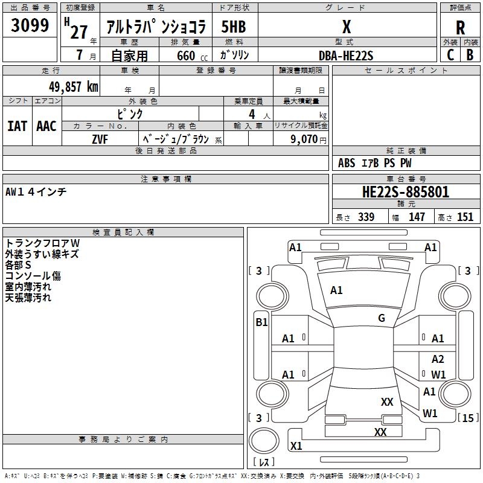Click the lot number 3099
click(30, 26)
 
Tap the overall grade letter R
click(460, 28)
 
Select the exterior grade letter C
click(450, 54)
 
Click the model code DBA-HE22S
click(346, 56)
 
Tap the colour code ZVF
click(100, 139)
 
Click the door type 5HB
click(234, 27)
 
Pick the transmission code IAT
click(18, 126)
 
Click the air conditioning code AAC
click(46, 126)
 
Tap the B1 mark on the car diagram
click(261, 322)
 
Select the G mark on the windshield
click(382, 318)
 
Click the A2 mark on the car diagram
click(438, 359)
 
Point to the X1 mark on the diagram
click(296, 446)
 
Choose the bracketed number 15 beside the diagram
click(469, 418)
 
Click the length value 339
click(366, 217)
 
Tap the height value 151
click(465, 217)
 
